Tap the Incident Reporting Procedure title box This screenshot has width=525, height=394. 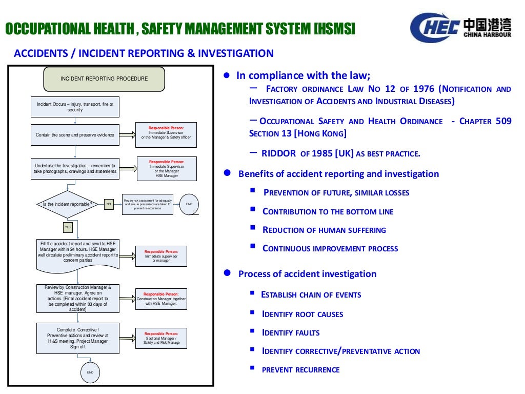click(x=104, y=79)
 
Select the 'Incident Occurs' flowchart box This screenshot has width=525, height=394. click(x=75, y=107)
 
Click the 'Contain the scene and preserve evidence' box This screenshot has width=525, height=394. click(x=75, y=135)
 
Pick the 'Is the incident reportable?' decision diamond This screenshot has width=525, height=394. click(x=68, y=204)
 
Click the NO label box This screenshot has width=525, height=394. click(x=109, y=204)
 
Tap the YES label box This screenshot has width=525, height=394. click(x=68, y=226)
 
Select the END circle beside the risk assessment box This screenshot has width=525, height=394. click(x=189, y=204)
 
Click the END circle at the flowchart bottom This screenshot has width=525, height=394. click(x=90, y=372)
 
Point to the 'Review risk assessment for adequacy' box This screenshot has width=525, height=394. click(x=148, y=204)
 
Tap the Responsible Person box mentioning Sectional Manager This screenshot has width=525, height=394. click(x=161, y=339)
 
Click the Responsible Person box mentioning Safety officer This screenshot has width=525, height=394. click(x=166, y=135)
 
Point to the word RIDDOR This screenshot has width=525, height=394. click(x=278, y=153)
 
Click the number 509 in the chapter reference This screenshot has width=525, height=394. click(x=502, y=121)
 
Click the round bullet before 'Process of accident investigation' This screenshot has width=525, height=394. click(x=226, y=273)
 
